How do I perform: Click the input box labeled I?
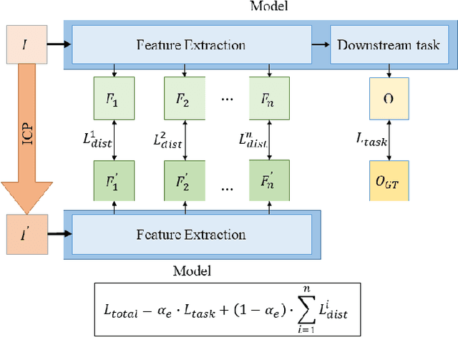click(26, 44)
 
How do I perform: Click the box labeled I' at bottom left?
click(26, 234)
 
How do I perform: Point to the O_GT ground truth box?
click(389, 182)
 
